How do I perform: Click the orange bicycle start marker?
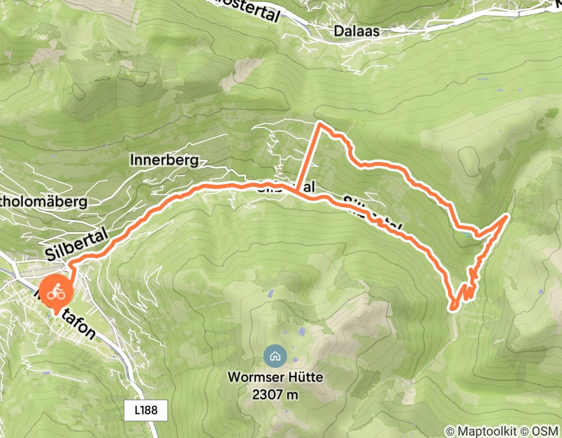tap(56, 292)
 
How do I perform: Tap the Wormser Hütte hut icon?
tap(274, 357)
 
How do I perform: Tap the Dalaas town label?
tap(357, 31)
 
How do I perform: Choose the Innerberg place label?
tap(164, 160)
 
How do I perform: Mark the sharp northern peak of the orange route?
tap(320, 124)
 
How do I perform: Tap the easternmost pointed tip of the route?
tap(506, 216)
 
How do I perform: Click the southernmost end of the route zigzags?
tap(451, 307)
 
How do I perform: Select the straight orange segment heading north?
tap(309, 158)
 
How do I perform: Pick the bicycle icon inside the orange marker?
tap(56, 291)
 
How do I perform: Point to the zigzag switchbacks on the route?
tap(471, 282)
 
